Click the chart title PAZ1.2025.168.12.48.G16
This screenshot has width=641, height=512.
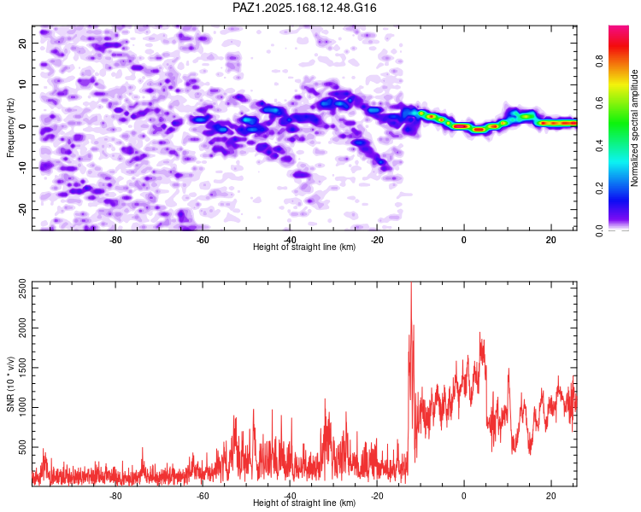tap(304, 8)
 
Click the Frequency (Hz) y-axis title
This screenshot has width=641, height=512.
tap(10, 128)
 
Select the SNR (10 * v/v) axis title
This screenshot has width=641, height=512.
tap(10, 384)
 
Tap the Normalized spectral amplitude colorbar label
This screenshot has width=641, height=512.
tap(634, 128)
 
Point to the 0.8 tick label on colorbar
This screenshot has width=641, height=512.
tap(600, 61)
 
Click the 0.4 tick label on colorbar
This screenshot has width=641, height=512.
tap(600, 145)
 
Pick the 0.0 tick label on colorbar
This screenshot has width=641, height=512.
tap(600, 230)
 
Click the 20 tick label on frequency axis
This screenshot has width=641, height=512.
tap(22, 43)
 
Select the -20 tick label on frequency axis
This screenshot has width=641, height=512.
tap(22, 209)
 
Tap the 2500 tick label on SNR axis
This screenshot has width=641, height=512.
tap(22, 288)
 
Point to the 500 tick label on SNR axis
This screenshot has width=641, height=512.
tap(22, 447)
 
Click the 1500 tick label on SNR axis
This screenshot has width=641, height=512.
tap(22, 368)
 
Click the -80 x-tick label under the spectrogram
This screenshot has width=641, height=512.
tap(115, 240)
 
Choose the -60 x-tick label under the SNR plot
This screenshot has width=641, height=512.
tap(203, 496)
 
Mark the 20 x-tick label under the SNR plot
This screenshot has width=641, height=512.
tap(550, 496)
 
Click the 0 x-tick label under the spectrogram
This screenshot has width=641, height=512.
tap(463, 240)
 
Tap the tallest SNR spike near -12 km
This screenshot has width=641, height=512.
tap(411, 283)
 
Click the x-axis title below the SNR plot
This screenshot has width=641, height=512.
tap(304, 503)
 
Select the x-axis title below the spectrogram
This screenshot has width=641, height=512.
tap(304, 247)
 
